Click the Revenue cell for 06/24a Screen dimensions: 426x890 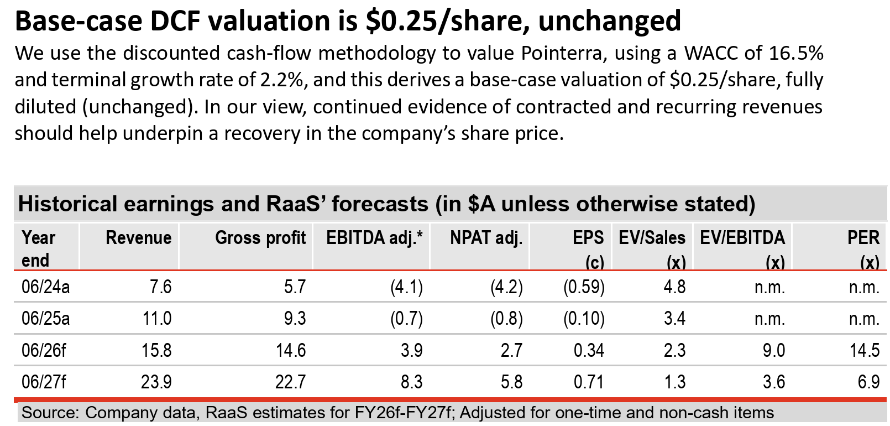(x=160, y=287)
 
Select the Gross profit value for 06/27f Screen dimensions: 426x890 (x=290, y=382)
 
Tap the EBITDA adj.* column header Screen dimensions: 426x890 (x=374, y=238)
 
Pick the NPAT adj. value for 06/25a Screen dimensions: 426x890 (x=506, y=319)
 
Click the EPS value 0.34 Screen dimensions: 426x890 (x=589, y=350)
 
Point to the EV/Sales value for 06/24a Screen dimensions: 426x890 (x=674, y=287)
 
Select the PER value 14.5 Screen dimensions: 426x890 (x=864, y=350)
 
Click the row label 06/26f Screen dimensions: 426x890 (x=44, y=350)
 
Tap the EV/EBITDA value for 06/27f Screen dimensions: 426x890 (x=773, y=382)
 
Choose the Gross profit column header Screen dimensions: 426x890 (x=260, y=238)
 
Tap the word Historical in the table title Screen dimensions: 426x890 (x=67, y=204)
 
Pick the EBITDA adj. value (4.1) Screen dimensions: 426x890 (x=406, y=287)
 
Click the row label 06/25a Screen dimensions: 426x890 (x=45, y=319)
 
